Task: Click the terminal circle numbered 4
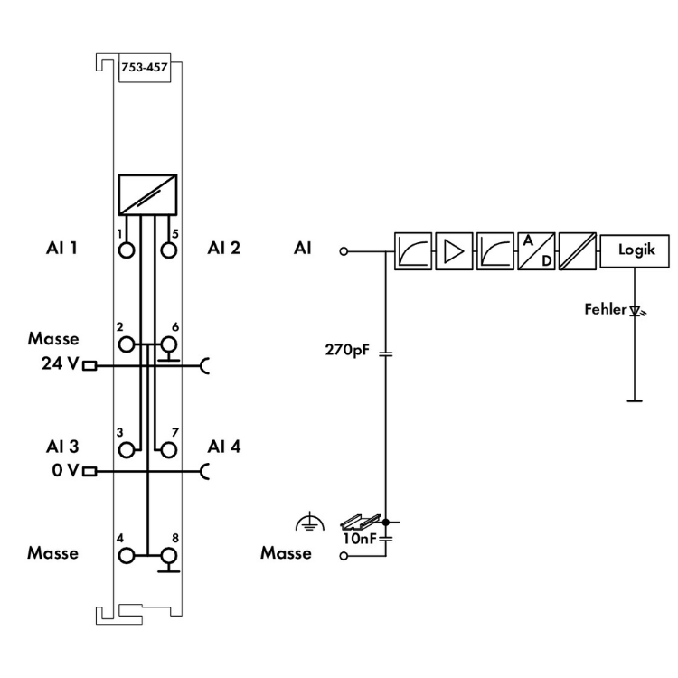[126, 555]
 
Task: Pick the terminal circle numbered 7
[167, 447]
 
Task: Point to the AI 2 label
[223, 247]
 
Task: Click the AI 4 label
[223, 447]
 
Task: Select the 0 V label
[63, 471]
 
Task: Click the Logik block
[636, 250]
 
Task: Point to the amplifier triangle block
[453, 250]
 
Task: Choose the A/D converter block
[535, 250]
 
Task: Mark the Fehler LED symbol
[636, 311]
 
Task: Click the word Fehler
[605, 310]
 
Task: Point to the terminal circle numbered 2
[126, 344]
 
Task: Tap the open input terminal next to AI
[344, 250]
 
